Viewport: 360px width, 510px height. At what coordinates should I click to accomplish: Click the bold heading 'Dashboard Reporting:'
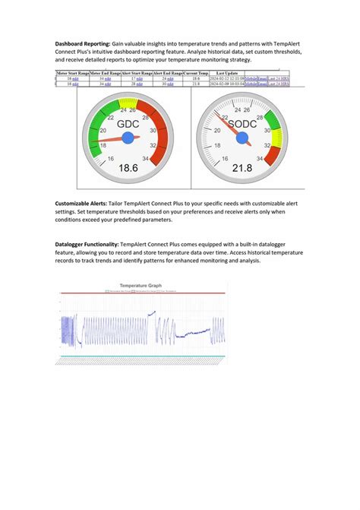83,44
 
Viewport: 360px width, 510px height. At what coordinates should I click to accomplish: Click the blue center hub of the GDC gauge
128,138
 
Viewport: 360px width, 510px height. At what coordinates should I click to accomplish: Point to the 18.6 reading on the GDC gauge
128,168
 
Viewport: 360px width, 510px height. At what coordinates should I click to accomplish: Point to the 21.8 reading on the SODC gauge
243,168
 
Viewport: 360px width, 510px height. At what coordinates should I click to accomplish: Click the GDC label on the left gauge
128,122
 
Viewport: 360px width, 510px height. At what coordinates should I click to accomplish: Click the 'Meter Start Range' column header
72,73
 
